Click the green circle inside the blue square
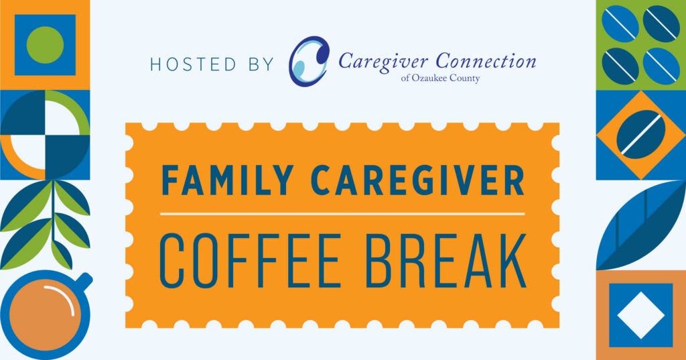[x=44, y=44]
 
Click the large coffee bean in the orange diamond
[x=640, y=135]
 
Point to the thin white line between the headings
[x=342, y=214]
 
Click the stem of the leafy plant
[x=53, y=228]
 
